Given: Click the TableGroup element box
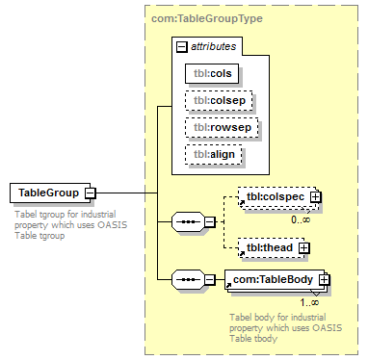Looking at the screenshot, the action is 50,193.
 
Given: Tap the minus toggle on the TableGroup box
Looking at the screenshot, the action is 91,193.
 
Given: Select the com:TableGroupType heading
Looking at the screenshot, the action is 207,18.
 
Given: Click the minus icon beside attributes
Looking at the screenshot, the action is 182,47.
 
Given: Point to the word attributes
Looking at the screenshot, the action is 214,46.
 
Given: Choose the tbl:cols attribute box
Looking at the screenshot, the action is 212,73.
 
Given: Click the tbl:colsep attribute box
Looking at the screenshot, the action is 219,100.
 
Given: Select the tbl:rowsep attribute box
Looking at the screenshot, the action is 222,127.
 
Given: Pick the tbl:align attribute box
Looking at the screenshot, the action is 214,154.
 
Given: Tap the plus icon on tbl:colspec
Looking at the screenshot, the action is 316,196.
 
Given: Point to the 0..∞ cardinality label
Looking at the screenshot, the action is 301,219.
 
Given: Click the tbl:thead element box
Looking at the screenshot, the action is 272,247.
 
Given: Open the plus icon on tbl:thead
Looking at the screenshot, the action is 304,248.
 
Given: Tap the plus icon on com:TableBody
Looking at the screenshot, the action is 325,280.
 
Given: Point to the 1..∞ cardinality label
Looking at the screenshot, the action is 309,302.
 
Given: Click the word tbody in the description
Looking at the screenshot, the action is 266,338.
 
